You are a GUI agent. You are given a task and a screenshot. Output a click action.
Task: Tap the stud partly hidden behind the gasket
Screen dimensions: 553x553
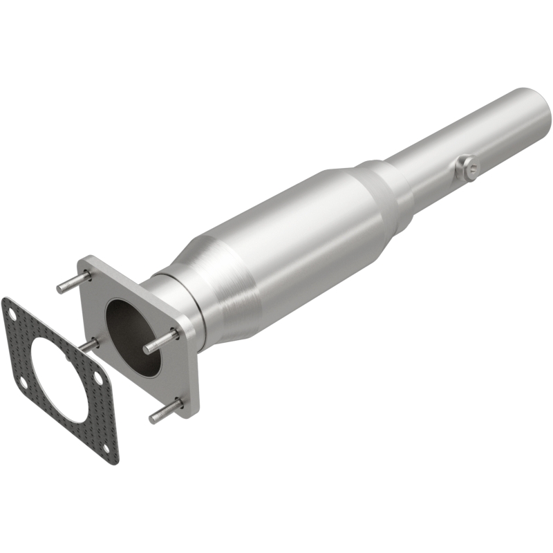click(89, 344)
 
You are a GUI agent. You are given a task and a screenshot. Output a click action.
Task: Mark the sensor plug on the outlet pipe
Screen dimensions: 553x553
click(467, 168)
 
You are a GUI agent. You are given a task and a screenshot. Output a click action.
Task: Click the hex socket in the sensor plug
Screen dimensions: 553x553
click(470, 166)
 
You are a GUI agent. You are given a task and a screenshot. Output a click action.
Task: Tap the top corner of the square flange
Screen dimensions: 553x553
click(88, 259)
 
